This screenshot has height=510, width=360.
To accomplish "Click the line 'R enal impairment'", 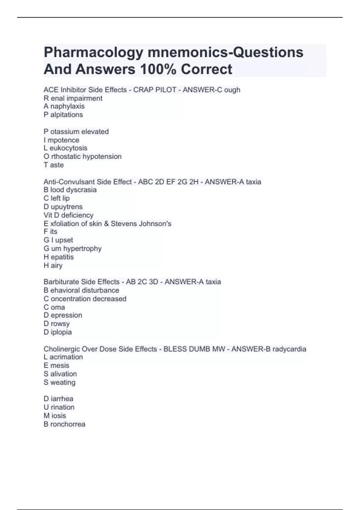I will (73, 98).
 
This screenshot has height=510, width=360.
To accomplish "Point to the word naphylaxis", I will (67, 106).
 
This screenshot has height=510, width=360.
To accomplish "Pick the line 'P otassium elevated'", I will (76, 132).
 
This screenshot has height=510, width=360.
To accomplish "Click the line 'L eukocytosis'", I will (65, 148).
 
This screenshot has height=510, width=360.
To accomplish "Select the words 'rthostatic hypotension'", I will (86, 157).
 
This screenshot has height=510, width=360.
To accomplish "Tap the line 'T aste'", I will (53, 165).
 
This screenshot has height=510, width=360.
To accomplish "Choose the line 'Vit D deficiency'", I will (68, 215).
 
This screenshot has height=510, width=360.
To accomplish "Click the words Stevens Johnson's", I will (141, 224).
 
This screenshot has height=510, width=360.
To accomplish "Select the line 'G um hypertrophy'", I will (72, 249).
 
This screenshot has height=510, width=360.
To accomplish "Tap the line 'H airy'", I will (53, 265).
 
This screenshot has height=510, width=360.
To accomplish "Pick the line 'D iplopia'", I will (58, 332).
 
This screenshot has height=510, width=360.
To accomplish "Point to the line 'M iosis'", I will (55, 416).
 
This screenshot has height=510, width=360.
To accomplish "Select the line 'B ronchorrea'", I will (64, 424).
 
